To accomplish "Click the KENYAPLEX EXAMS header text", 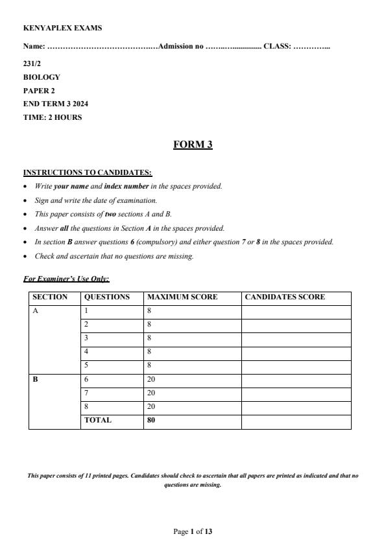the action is tap(62, 29).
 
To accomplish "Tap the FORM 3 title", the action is tap(193, 145).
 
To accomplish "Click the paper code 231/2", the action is tap(32, 64).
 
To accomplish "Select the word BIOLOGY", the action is tap(42, 77).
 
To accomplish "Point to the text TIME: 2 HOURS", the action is tap(53, 117).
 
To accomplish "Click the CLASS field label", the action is tap(277, 47).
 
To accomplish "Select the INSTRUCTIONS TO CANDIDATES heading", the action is tap(88, 172).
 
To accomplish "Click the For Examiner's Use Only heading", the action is tap(66, 279).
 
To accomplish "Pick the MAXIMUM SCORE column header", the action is tap(182, 297).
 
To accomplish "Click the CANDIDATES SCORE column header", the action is tap(285, 297).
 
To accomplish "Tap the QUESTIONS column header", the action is tap(107, 297).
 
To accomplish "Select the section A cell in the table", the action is tap(36, 311).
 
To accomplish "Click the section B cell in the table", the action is tap(36, 379).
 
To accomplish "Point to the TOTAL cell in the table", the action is tap(98, 420).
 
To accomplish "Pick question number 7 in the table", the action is tap(86, 393).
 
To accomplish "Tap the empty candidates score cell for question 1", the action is tap(296, 311).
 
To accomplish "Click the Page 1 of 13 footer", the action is tap(193, 532).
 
